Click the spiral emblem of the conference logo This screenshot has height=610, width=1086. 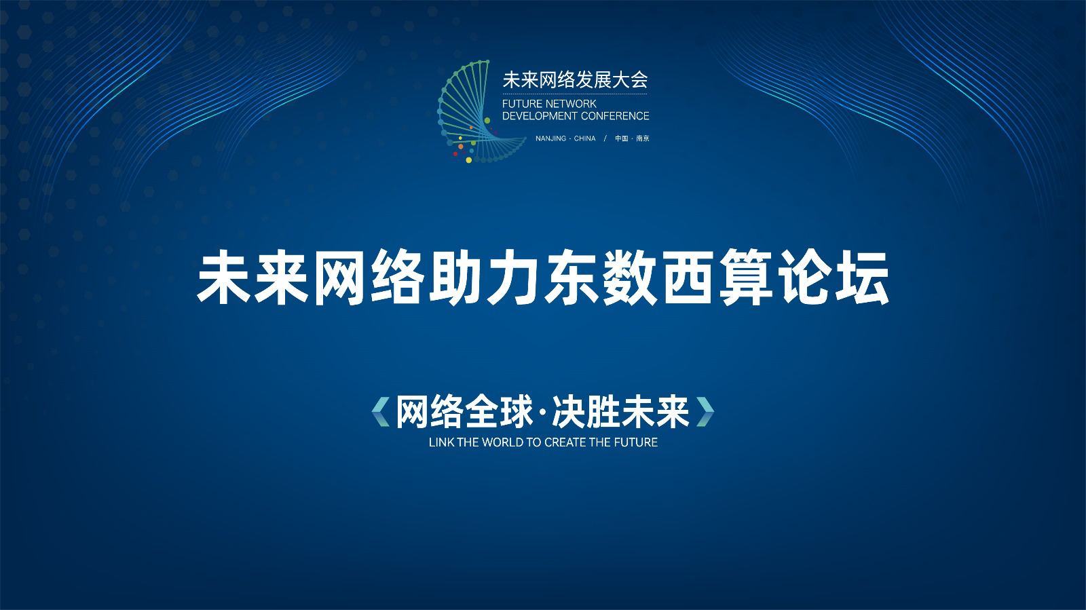pos(478,111)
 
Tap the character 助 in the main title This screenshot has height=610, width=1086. pos(457,278)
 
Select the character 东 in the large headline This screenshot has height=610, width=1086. pos(572,278)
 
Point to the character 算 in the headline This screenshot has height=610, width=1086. pos(746,278)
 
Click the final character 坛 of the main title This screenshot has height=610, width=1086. pos(861,278)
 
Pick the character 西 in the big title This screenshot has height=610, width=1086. pos(688,278)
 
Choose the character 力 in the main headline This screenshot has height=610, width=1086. pos(514,278)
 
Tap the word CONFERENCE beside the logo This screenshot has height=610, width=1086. pos(615,116)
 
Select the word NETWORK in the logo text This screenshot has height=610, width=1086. pos(571,104)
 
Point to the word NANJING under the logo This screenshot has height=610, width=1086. pos(550,138)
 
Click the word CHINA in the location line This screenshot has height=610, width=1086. pos(584,138)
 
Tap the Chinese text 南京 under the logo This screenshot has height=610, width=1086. pos(643,138)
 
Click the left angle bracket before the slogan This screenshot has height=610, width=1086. pos(381,412)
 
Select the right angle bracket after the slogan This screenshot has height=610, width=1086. pos(705,412)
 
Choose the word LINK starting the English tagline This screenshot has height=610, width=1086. pos(442,442)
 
